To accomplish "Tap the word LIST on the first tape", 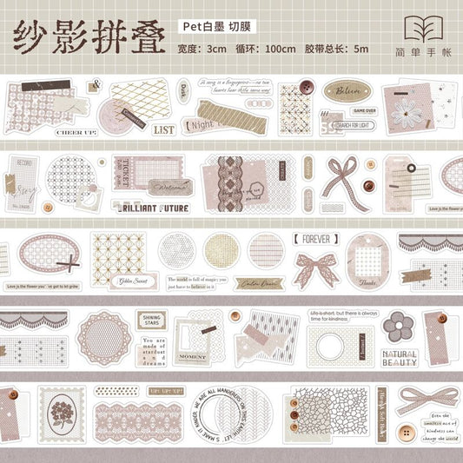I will [x=162, y=129].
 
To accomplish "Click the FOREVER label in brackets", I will [x=318, y=236].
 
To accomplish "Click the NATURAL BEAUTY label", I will [x=400, y=357].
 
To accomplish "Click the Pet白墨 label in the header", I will [x=214, y=27].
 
